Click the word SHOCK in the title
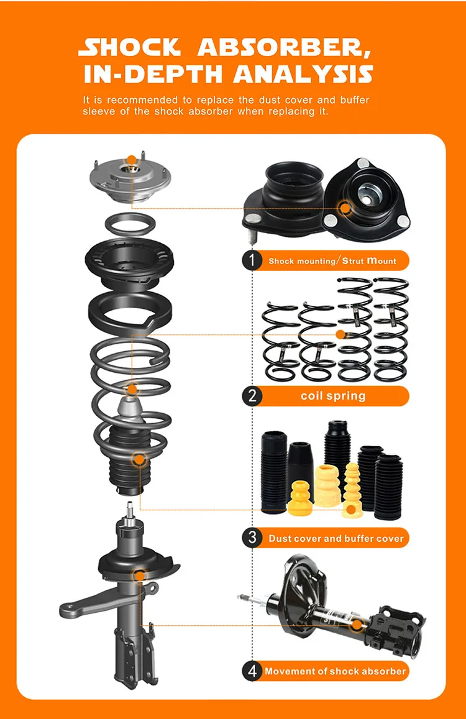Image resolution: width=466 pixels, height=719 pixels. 130,48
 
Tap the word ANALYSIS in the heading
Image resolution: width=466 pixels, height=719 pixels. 304,73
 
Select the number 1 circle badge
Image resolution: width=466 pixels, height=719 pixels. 252,260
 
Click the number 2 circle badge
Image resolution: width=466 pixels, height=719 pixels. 252,396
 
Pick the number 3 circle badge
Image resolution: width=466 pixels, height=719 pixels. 252,538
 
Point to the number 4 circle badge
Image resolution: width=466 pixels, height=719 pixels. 252,671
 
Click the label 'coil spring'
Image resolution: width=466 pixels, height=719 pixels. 333,396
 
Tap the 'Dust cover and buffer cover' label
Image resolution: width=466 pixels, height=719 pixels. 336,538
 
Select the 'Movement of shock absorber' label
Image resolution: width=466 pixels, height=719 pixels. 336,671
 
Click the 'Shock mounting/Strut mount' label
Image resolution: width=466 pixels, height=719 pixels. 332,261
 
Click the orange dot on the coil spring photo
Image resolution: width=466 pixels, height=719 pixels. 340,334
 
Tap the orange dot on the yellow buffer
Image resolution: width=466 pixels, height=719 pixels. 351,510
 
